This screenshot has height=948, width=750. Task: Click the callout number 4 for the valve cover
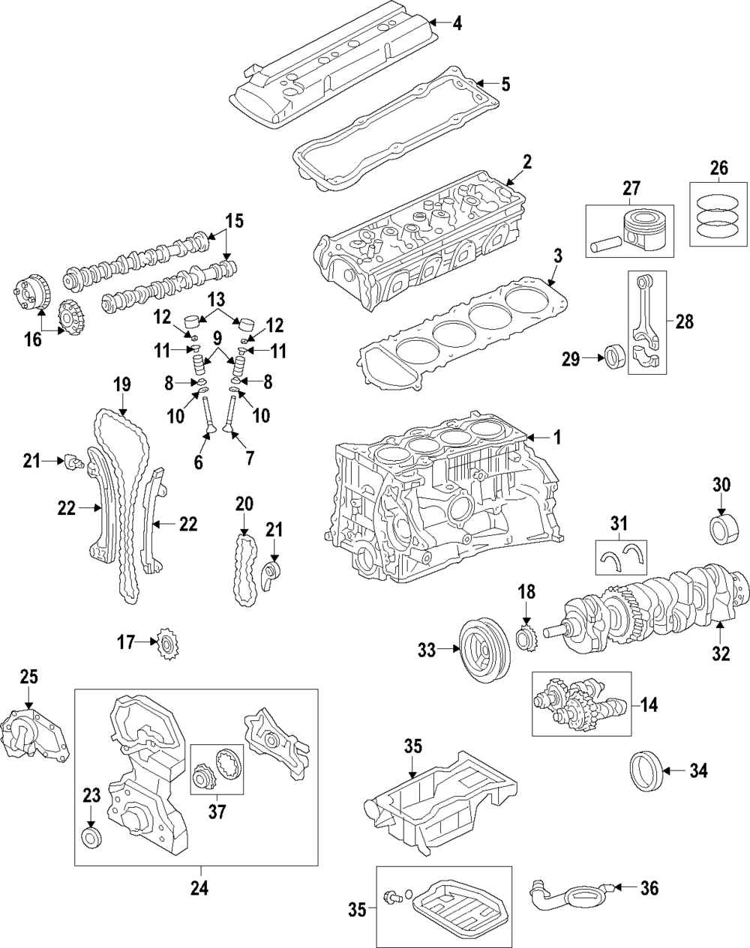pos(457,23)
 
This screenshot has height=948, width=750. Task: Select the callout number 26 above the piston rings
pos(718,169)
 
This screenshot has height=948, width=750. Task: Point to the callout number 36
pos(649,888)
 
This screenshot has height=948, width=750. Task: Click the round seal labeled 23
pos(91,837)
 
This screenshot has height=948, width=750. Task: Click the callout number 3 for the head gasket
pos(556,256)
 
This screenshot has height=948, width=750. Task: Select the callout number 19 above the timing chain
pos(121,385)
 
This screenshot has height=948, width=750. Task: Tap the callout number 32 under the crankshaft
pos(720,653)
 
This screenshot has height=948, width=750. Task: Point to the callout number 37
pos(217,811)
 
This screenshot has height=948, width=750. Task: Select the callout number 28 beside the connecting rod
pos(684,322)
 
